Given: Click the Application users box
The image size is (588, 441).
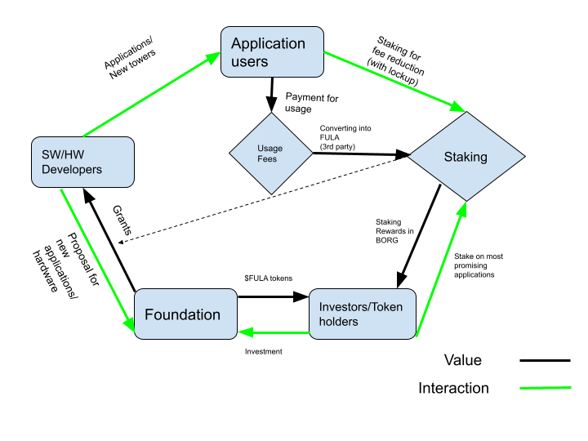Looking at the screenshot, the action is point(272,51).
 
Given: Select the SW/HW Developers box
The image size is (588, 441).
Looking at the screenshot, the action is point(82,162).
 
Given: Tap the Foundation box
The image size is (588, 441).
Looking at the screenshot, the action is point(185,314).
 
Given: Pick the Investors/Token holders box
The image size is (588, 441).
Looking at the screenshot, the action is point(363,314).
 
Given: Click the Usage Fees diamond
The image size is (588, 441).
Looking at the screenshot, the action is point(271,154).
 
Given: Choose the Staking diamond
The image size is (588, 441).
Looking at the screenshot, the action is point(466,157).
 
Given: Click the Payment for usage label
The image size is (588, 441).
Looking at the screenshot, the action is point(312,103).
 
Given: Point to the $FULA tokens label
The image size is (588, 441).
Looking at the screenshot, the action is point(268,278).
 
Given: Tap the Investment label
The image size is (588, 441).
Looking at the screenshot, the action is point(263,351).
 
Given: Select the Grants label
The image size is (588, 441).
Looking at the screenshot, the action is point(122,220).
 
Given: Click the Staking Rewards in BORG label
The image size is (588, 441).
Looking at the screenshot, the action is point(394,231).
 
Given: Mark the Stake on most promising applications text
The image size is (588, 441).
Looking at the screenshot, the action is point(479,265).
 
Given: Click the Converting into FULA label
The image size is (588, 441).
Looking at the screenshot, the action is point(345,137).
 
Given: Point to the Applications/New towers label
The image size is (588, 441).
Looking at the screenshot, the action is point(129,59).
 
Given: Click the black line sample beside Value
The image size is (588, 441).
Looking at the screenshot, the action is point(545,360).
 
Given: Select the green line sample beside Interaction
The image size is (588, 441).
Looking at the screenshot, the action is point(546,388).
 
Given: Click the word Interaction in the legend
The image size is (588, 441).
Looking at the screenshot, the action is point(453,388).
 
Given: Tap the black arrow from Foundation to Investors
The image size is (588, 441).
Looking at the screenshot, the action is point(274,297).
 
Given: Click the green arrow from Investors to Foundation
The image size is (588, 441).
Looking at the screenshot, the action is point(274,332).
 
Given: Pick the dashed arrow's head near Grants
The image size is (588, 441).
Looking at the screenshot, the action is point(121,242).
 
